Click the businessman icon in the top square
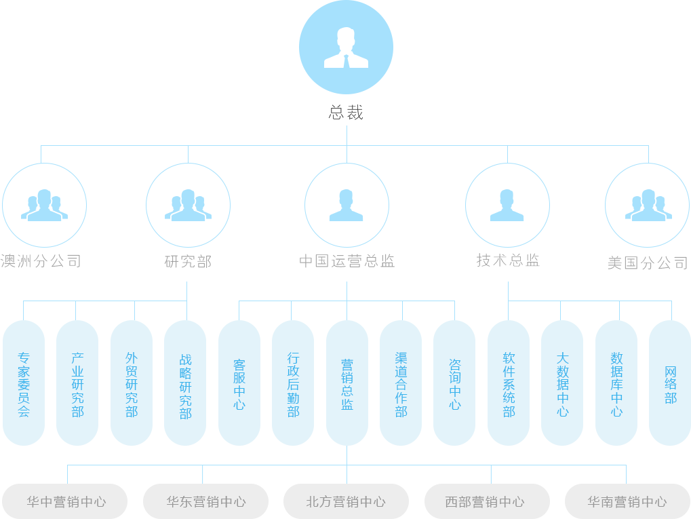pos(346,48)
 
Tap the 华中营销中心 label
pos(66,502)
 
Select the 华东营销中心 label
pos(206,502)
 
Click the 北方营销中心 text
pos(346,502)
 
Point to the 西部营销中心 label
pos(485,502)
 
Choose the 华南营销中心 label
pos(627,502)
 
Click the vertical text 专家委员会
pos(24,385)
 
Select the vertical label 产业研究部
pos(78,385)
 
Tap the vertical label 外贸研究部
pos(132,385)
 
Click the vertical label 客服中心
pos(239,385)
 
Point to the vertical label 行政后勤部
pos(293,385)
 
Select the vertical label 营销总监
pos(347,385)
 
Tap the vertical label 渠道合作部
pos(401,385)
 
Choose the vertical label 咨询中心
pos(455,385)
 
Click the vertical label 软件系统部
pos(509,385)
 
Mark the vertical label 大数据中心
pos(563,385)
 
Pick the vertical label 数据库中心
pos(616,385)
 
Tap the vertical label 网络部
pos(671,385)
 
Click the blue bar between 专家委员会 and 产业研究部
pos(50,385)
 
